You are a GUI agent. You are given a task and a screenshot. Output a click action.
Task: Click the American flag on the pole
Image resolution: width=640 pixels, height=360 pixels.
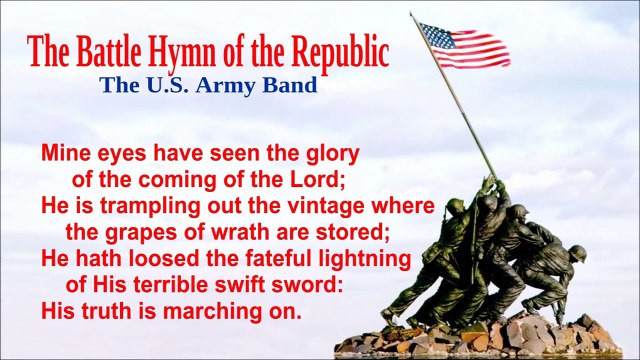(462, 44)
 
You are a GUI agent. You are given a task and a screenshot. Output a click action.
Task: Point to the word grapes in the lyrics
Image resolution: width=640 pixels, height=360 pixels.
(135, 232)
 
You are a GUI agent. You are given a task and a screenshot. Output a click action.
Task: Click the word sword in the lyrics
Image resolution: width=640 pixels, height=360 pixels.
(314, 284)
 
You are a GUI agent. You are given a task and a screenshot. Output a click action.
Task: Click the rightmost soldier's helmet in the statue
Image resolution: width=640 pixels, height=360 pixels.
(577, 251)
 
